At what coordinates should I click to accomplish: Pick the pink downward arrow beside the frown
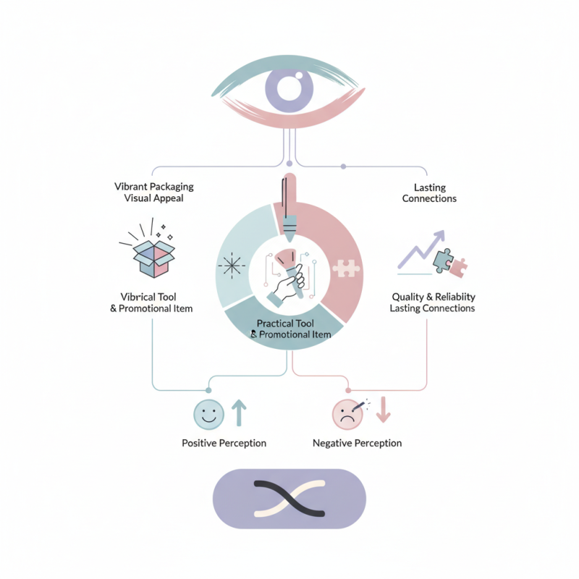tap(384, 410)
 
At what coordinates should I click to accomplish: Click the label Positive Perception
tap(224, 443)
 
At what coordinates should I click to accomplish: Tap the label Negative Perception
tap(357, 443)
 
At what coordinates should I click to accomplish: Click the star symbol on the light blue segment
tap(232, 266)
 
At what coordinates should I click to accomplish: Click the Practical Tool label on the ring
tap(289, 329)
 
